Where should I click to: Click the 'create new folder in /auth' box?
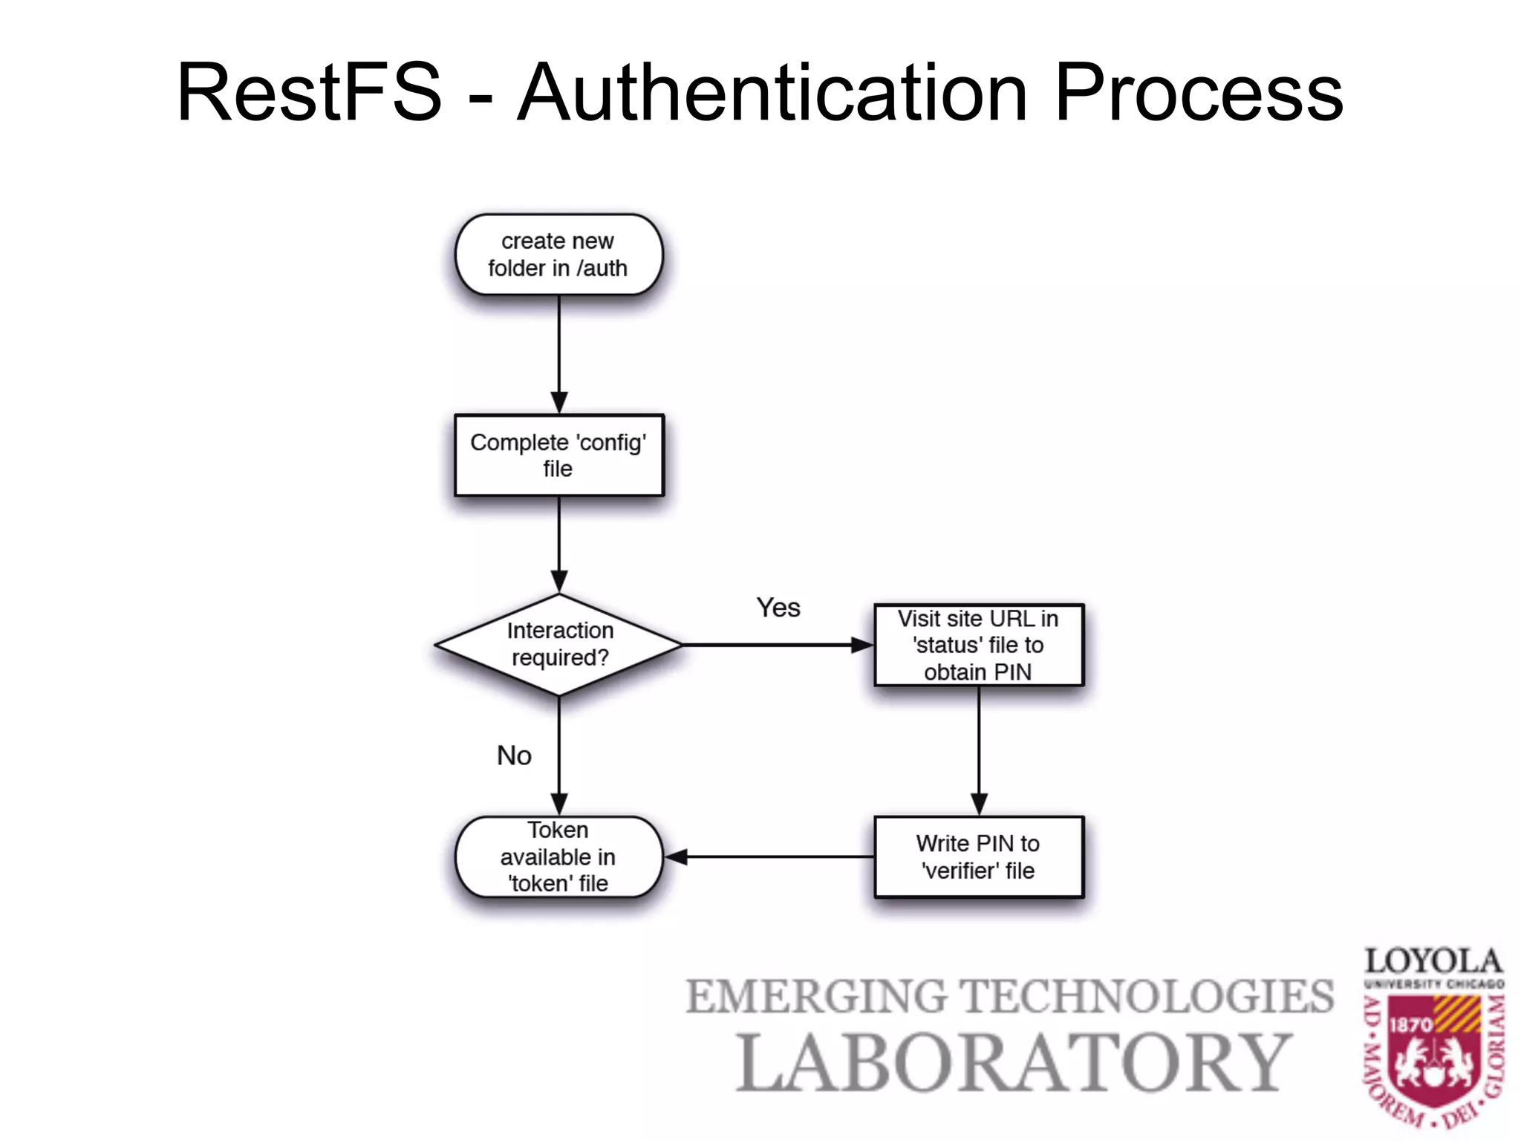558,255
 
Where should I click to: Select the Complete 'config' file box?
558,455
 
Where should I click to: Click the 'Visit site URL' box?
978,645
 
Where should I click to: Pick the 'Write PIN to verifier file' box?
978,857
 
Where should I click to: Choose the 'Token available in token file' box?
558,857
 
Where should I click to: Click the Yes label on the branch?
778,608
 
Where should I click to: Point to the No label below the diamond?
514,755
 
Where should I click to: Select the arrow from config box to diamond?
559,542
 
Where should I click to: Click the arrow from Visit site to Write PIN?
979,750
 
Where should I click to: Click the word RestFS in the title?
309,93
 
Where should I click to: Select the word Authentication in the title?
772,93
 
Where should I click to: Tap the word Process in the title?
1198,93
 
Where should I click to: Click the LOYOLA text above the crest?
1433,961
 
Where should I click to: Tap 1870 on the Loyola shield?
1410,1025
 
